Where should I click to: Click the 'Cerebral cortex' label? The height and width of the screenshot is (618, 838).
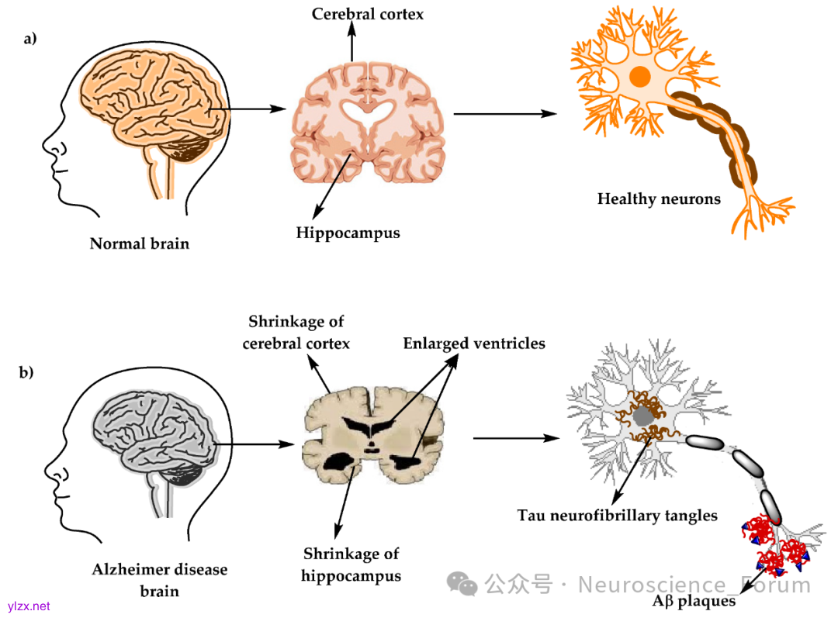[x=368, y=14]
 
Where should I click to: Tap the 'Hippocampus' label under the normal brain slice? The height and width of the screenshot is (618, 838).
[x=348, y=233]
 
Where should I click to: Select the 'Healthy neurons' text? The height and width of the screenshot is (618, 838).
[x=659, y=199]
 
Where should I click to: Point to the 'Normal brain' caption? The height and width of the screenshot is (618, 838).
[x=140, y=243]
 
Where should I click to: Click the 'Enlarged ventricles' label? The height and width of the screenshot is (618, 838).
[x=474, y=344]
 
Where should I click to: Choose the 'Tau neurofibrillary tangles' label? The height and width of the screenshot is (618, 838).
[x=618, y=515]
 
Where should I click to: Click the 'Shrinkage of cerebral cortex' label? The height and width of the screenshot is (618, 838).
[x=296, y=332]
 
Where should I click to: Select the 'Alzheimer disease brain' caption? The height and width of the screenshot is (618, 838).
[x=160, y=580]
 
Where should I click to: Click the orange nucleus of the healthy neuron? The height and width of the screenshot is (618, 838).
[x=640, y=76]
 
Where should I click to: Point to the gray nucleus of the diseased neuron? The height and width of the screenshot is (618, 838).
[x=642, y=417]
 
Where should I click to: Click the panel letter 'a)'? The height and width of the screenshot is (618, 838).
[x=30, y=39]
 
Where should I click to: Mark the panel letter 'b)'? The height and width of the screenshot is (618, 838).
[x=26, y=372]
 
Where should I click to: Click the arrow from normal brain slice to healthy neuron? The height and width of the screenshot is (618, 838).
[x=505, y=113]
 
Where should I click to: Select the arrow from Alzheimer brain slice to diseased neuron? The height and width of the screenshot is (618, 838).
[x=516, y=438]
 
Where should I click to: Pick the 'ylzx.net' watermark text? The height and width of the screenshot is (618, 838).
[x=29, y=606]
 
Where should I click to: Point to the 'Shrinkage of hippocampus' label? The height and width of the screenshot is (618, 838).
[x=351, y=564]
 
